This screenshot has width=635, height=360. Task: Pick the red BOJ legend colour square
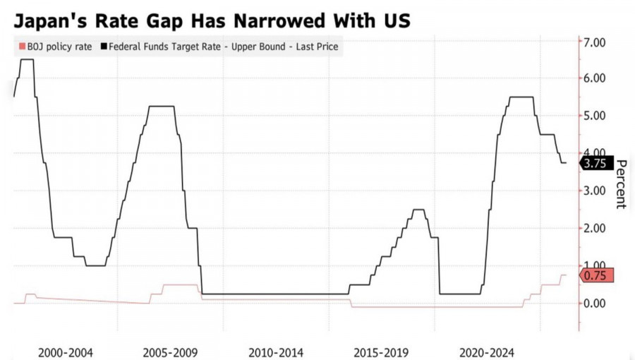click(20, 47)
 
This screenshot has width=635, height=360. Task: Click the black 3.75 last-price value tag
click(596, 163)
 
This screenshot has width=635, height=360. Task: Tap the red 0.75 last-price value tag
click(596, 275)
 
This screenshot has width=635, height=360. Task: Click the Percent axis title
click(621, 184)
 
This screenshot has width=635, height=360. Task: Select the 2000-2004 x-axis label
click(65, 352)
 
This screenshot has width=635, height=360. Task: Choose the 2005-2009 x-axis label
click(171, 352)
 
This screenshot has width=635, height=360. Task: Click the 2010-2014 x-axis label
click(277, 352)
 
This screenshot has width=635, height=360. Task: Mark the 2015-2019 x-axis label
click(382, 352)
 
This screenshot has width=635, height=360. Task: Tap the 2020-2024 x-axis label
click(487, 352)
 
